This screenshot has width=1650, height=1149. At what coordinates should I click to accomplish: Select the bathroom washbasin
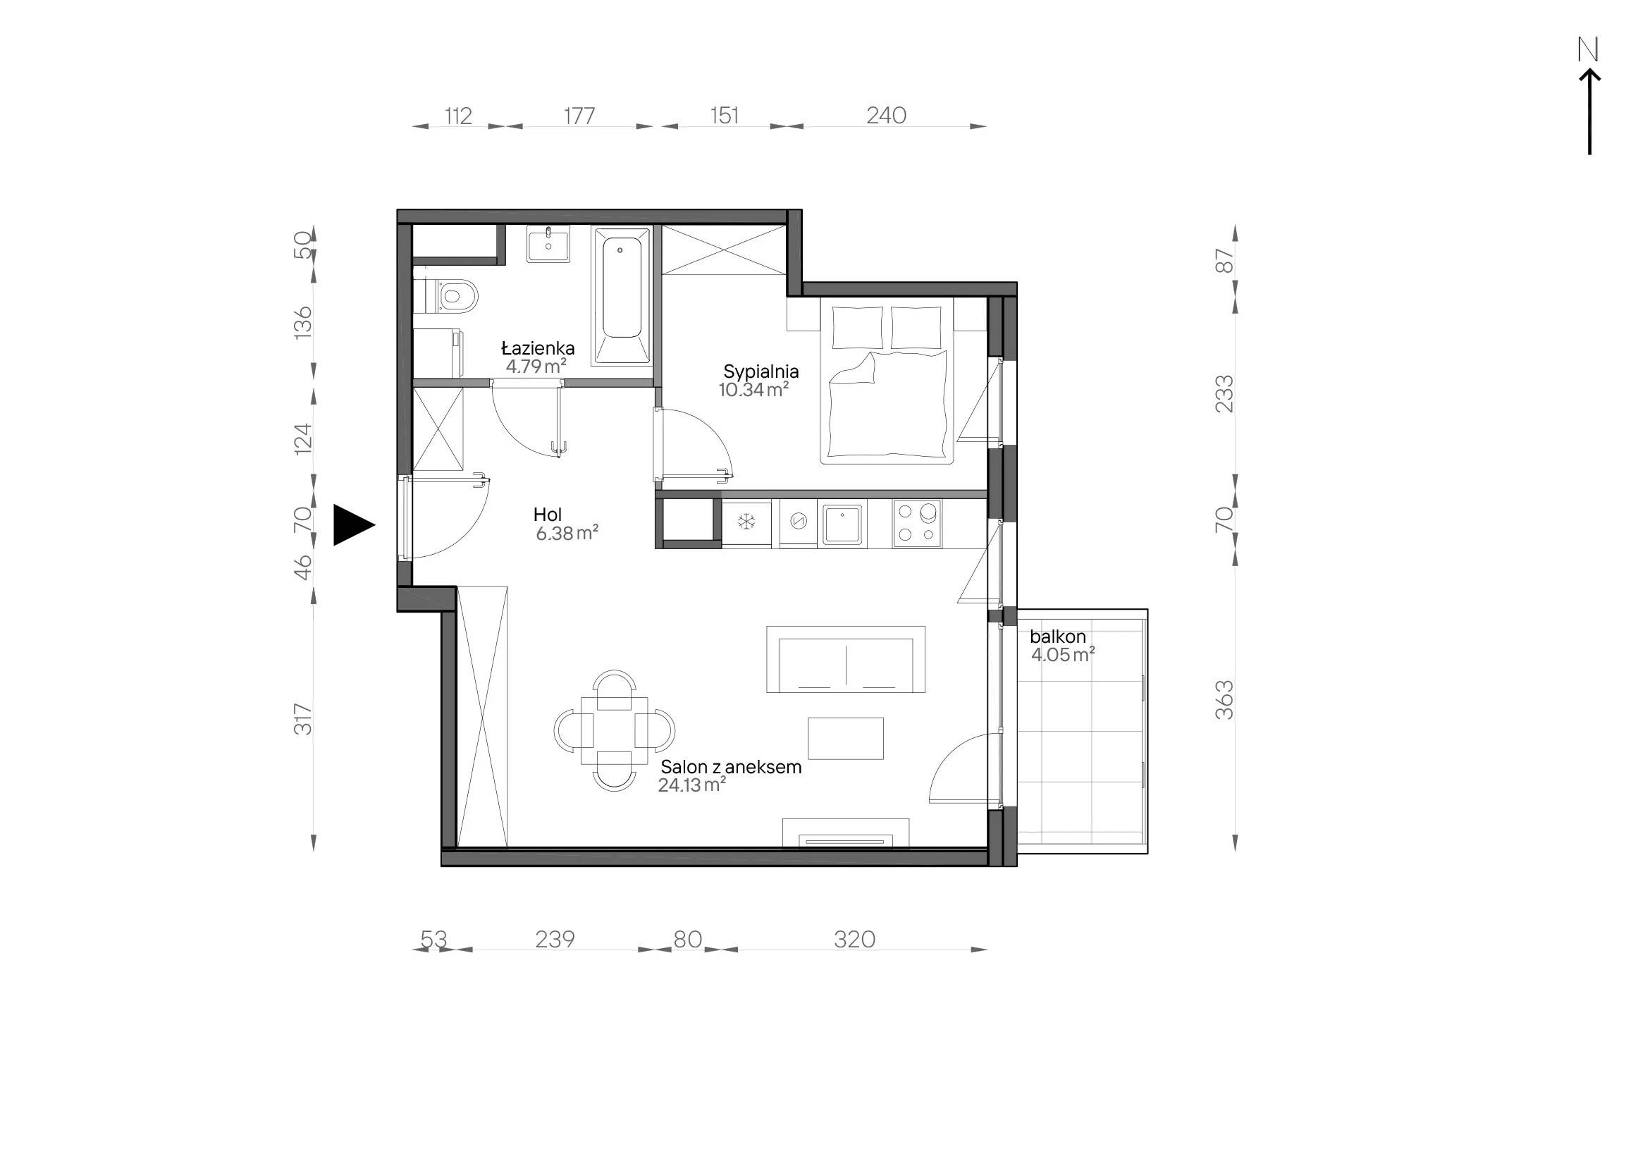pos(548,244)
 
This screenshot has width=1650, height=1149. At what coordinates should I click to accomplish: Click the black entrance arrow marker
pos(354,525)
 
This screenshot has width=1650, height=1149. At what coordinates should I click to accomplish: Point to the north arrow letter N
pos(1587,49)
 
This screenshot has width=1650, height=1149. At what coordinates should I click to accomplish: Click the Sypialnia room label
pos(761,371)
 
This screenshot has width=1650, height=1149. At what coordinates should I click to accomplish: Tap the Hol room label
pos(547,515)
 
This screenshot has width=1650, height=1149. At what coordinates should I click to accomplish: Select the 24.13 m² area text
pos(691,785)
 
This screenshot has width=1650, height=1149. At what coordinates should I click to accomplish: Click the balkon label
pos(1057,637)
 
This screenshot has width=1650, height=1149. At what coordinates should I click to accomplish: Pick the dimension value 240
pos(886,115)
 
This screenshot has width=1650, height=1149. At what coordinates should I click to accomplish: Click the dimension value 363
pos(1224,700)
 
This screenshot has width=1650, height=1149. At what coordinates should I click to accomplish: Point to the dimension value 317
pos(303,719)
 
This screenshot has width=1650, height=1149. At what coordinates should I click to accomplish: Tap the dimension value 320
pos(854,939)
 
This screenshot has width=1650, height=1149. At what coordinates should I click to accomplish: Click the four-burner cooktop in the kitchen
pos(917,523)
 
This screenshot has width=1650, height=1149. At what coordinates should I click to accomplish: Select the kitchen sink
pos(842,524)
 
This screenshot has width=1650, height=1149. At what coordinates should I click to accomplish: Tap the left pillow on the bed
pos(857,328)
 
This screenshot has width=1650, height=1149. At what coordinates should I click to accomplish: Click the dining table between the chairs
pos(614,731)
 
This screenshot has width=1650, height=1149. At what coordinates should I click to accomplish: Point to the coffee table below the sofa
pos(845,738)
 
